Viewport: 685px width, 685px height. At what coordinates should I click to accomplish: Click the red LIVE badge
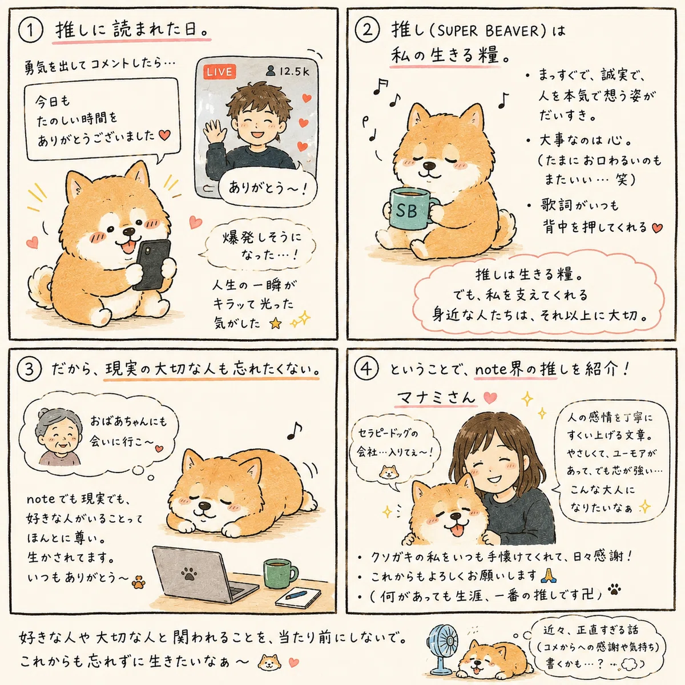(x=220, y=72)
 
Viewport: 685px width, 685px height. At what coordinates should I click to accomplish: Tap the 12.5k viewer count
(x=288, y=71)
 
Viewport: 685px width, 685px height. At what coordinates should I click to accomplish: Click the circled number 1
(x=31, y=31)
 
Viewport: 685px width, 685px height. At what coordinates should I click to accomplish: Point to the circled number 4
(x=366, y=369)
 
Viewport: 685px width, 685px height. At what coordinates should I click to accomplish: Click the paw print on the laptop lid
(x=189, y=573)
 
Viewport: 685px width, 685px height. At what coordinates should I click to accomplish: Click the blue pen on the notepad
(x=296, y=593)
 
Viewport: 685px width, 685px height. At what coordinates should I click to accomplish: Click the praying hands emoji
(x=548, y=575)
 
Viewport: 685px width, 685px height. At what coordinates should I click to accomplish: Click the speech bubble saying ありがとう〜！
(x=267, y=188)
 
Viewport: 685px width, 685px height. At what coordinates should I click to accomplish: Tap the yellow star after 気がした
(x=276, y=324)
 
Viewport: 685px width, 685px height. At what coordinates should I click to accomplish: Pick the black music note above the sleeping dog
(x=295, y=430)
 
